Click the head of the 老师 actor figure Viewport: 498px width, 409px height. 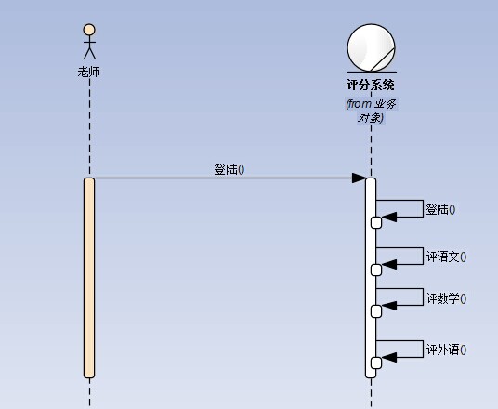pyautogui.click(x=89, y=30)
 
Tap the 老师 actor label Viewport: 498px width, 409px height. pyautogui.click(x=89, y=72)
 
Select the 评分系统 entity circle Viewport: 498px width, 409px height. pyautogui.click(x=371, y=47)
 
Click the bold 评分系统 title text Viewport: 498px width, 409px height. pyautogui.click(x=371, y=85)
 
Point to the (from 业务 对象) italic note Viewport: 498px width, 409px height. pyautogui.click(x=371, y=111)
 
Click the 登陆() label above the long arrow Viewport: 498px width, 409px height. pyautogui.click(x=229, y=169)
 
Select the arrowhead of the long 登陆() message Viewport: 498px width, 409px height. pyautogui.click(x=359, y=178)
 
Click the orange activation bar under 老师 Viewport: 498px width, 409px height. pyautogui.click(x=89, y=278)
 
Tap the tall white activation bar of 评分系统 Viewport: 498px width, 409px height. pyautogui.click(x=371, y=278)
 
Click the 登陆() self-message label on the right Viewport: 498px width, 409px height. pyautogui.click(x=440, y=210)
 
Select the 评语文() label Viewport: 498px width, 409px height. pyautogui.click(x=446, y=257)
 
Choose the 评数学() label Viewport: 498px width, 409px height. pyautogui.click(x=446, y=298)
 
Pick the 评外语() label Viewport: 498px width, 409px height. pyautogui.click(x=446, y=350)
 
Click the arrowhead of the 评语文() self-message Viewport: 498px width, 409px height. pyautogui.click(x=389, y=264)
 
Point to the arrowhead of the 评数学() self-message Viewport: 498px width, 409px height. pyautogui.click(x=389, y=306)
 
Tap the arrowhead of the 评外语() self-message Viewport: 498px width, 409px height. pyautogui.click(x=389, y=357)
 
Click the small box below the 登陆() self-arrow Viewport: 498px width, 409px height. pyautogui.click(x=376, y=223)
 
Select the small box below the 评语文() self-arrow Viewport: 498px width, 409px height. pyautogui.click(x=376, y=270)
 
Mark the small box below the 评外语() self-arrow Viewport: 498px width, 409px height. pyautogui.click(x=376, y=363)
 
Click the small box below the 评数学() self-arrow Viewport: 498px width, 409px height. pyautogui.click(x=376, y=311)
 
